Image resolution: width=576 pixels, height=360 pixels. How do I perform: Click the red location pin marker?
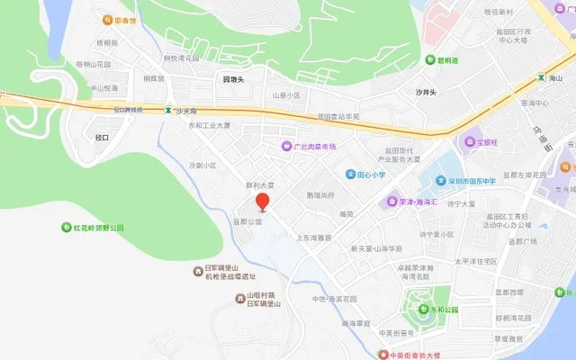click(262, 202)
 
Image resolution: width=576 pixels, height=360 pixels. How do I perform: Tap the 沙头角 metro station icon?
click(167, 111)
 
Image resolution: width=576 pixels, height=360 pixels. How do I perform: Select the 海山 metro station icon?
click(541, 79)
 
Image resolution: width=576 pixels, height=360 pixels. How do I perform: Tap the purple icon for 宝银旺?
click(469, 141)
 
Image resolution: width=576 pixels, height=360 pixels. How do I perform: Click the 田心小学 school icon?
click(350, 174)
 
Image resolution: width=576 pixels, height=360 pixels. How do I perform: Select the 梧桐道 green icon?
click(443, 61)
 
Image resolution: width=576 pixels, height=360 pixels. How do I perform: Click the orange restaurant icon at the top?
click(120, 20)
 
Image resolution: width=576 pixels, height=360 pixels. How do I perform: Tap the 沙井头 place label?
click(425, 92)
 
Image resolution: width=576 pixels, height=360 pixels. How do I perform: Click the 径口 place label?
click(102, 138)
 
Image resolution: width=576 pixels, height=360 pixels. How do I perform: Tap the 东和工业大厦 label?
click(209, 125)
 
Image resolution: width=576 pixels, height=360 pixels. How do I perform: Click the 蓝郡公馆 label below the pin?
click(247, 222)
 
